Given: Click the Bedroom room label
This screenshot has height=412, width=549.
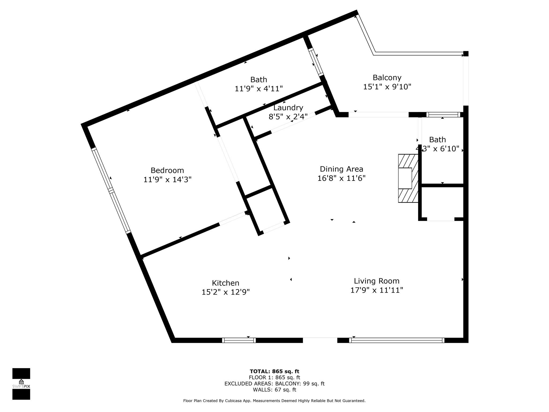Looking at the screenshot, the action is pos(167,171).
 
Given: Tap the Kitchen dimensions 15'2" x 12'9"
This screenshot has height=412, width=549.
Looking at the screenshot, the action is pos(225,292).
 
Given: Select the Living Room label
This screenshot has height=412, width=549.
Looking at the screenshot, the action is pos(377,281).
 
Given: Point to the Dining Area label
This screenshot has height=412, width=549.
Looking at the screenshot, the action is pos(342,169).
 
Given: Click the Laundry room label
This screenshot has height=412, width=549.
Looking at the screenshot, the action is pos(288,108).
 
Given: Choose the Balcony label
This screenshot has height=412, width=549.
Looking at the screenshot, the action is pos(387,78).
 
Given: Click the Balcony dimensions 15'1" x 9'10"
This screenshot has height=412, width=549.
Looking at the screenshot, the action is pos(387,87).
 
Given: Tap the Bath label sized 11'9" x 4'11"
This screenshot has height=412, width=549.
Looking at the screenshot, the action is pos(259,80).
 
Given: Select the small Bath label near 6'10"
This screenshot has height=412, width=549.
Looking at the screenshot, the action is pos(437,140).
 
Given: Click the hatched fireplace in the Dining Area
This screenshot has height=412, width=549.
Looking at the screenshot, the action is pos(408,178).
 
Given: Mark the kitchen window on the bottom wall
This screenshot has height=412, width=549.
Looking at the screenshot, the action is pos(239,340).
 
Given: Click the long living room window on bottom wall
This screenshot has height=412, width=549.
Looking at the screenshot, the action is pos(397,340).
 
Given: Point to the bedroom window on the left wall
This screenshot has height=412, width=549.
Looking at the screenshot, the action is pos(111,190).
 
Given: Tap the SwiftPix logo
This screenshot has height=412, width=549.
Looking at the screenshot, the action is pos(21,384).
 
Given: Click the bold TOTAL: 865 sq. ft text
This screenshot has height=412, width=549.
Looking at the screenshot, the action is pos(274,371).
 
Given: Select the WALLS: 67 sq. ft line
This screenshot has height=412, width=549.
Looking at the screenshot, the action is pos(274,390).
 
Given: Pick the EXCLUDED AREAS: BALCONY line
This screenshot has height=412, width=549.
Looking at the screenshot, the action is pos(274,384).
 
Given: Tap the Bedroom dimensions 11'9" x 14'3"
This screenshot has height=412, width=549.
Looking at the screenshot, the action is pos(167,180).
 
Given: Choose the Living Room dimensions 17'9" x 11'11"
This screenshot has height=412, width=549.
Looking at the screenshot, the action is pos(377,290).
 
